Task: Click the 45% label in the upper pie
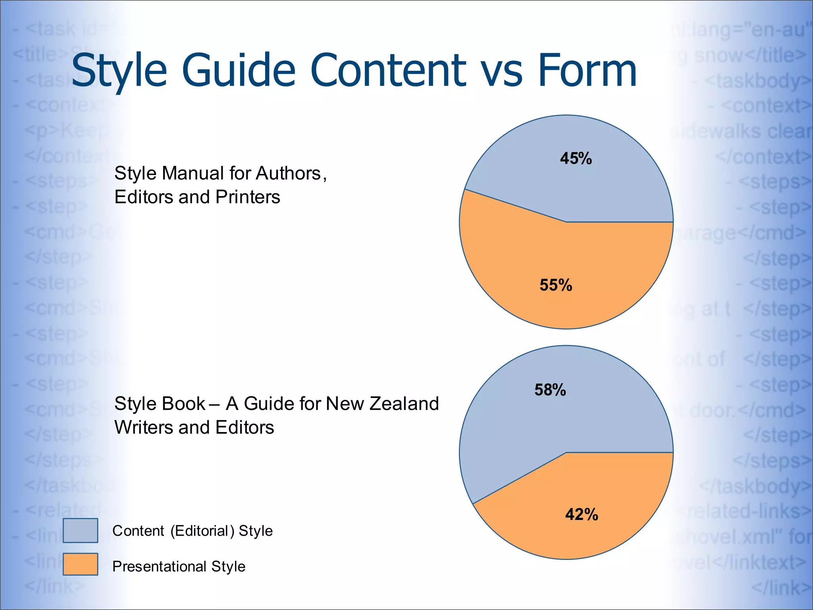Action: click(576, 158)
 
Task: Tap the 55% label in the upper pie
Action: click(556, 285)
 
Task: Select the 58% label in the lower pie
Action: click(550, 390)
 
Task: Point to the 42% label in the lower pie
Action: click(582, 515)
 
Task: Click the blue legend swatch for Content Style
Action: click(80, 530)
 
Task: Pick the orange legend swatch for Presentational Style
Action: click(80, 564)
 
